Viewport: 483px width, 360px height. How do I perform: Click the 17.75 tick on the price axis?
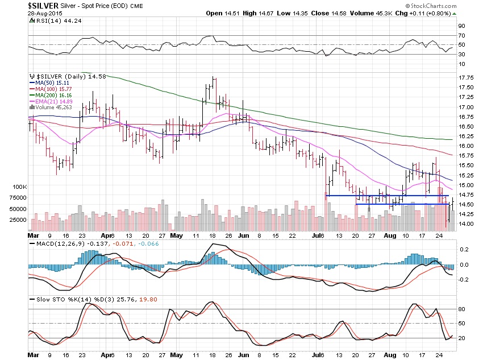[467, 77]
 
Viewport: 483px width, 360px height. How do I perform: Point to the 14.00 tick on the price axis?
[467, 224]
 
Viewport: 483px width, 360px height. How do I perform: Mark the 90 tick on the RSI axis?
[463, 26]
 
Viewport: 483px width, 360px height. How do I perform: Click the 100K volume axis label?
[18, 187]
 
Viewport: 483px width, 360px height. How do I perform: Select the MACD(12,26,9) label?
[51, 244]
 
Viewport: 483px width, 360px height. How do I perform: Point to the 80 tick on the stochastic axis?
[463, 308]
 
